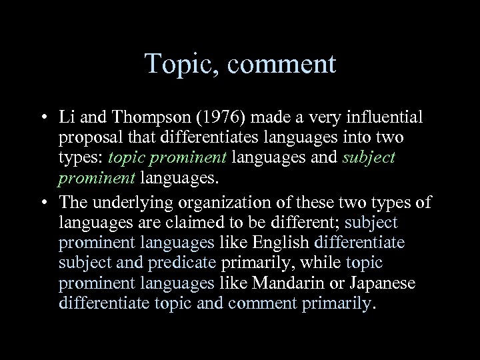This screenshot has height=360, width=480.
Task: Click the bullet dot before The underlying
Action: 43,201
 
